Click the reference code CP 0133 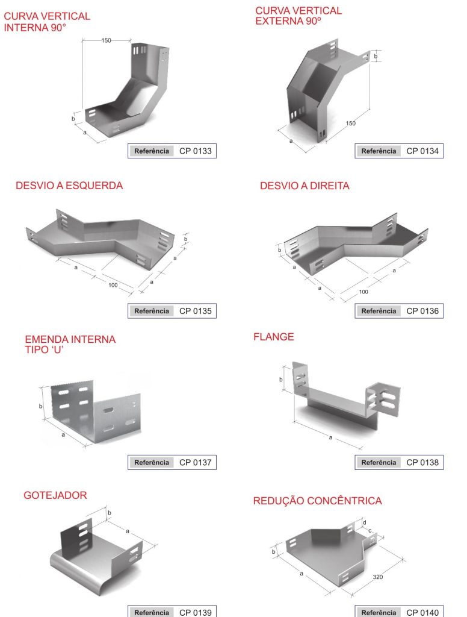[x=196, y=151]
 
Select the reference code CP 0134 [x=422, y=151]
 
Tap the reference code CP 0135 [x=196, y=311]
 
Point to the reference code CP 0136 [x=422, y=311]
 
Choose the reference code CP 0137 [x=196, y=462]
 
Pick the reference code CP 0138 [x=422, y=462]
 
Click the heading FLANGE [x=274, y=337]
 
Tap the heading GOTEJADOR [x=55, y=495]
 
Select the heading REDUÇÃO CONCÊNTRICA [x=318, y=501]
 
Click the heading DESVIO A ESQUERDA [x=69, y=186]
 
